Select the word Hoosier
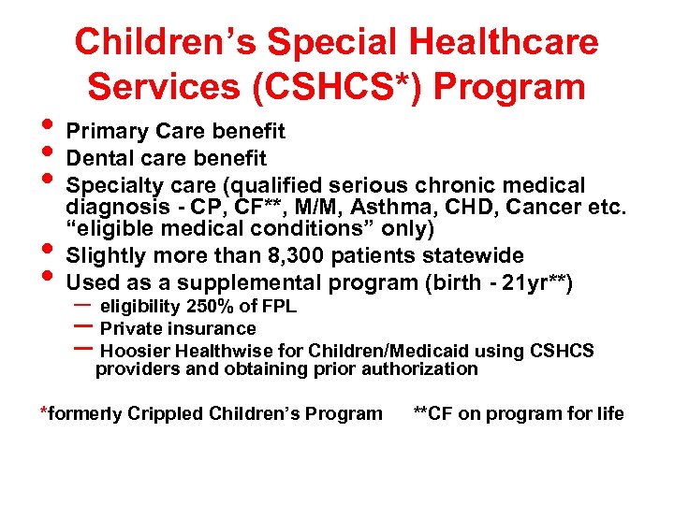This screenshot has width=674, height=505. coord(134,352)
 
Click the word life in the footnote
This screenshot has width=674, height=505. coord(608,414)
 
